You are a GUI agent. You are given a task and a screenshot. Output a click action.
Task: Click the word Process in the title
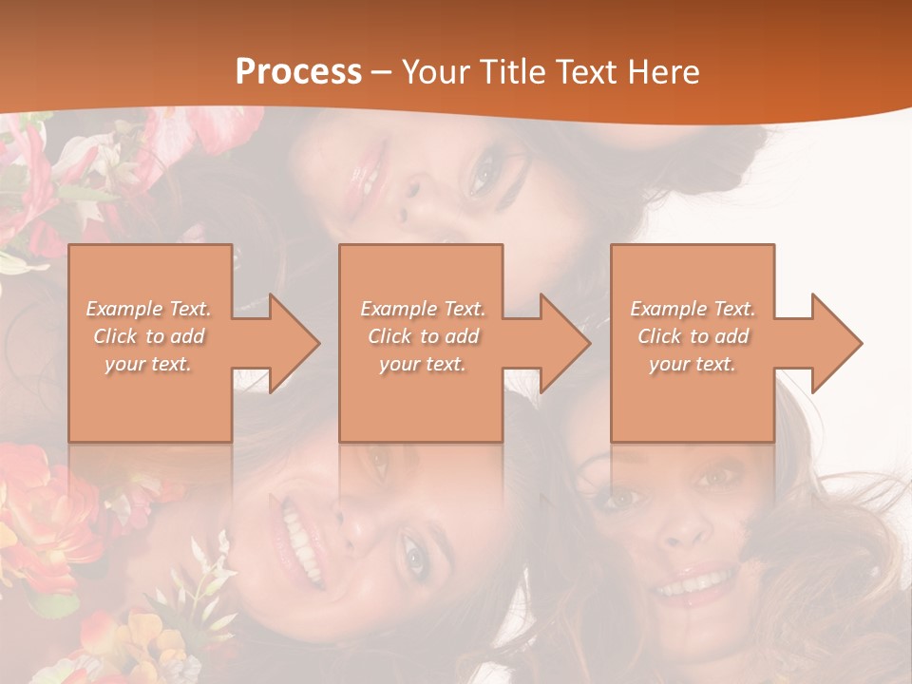pyautogui.click(x=298, y=72)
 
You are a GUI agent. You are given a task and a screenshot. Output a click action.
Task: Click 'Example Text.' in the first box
pyautogui.click(x=149, y=309)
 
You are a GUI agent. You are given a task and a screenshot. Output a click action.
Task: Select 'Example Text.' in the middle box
pyautogui.click(x=423, y=309)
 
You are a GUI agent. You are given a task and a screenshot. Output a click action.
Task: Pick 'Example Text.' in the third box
pyautogui.click(x=693, y=309)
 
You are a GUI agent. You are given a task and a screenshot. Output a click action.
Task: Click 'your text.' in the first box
pyautogui.click(x=148, y=364)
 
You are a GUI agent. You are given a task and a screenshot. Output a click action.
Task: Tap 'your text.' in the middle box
pyautogui.click(x=422, y=364)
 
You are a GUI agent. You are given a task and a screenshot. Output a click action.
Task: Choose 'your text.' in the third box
pyautogui.click(x=693, y=364)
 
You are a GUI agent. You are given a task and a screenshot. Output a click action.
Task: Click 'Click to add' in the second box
pyautogui.click(x=423, y=336)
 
